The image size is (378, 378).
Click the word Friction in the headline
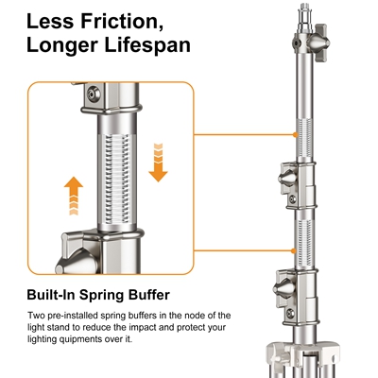pyautogui.click(x=122, y=22)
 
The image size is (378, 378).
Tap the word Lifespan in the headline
pyautogui.click(x=147, y=44)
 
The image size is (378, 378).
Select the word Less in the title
pyautogui.click(x=51, y=22)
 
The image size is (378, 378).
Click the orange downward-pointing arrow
pyautogui.click(x=158, y=163)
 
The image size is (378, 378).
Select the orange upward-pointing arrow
pyautogui.click(x=74, y=196)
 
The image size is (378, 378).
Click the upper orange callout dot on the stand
pyautogui.click(x=295, y=135)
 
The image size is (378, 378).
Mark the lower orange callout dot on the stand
pyautogui.click(x=294, y=251)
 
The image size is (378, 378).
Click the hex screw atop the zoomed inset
pyautogui.click(x=94, y=94)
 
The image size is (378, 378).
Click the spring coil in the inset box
pyautogui.click(x=117, y=180)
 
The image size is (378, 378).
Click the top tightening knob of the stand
pyautogui.click(x=318, y=43)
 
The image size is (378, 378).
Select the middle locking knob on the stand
pyautogui.click(x=288, y=179)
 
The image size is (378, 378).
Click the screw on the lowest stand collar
pyautogui.click(x=290, y=314)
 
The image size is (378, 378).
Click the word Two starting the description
pyautogui.click(x=35, y=316)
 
